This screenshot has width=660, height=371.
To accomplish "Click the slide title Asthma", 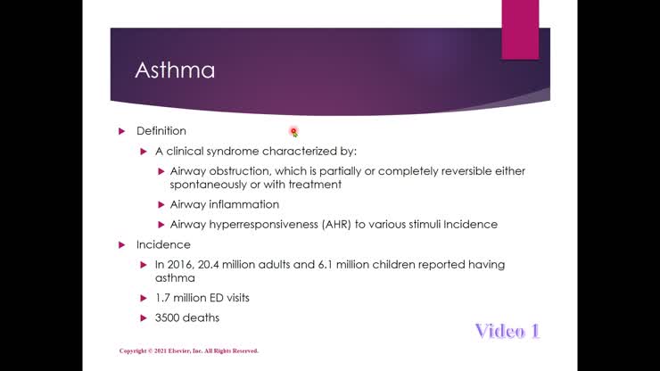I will click(175, 70).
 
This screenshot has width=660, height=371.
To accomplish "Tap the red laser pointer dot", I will click(293, 131).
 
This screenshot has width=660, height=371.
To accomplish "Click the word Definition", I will click(161, 131).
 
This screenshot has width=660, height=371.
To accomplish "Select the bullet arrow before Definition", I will click(122, 131).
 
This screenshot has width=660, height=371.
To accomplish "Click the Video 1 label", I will click(507, 331).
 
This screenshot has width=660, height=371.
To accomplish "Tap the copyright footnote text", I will click(188, 351).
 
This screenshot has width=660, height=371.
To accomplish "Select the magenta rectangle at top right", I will click(520, 29).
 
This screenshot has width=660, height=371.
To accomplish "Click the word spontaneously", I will click(207, 185).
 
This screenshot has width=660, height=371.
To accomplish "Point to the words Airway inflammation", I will click(212, 205).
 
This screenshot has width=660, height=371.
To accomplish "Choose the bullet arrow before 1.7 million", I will click(144, 298).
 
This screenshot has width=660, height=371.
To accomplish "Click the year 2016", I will click(181, 265).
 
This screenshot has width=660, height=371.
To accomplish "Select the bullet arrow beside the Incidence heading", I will click(122, 244).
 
